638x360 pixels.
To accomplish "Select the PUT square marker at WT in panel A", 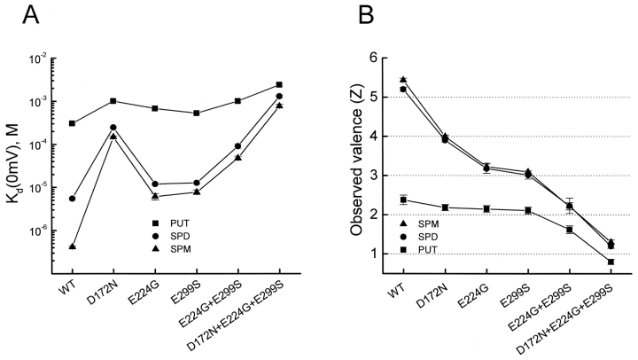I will (x=72, y=123).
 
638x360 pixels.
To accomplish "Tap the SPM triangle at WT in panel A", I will (x=72, y=246).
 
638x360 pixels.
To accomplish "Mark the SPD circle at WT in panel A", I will (x=72, y=199).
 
